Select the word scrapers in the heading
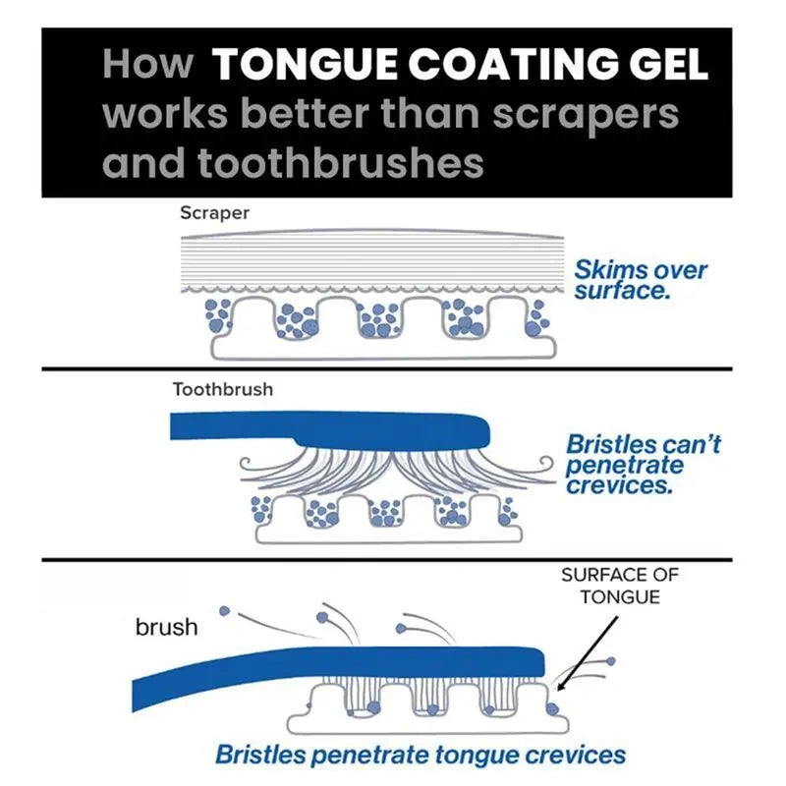pyautogui.click(x=585, y=113)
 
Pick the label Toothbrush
pyautogui.click(x=223, y=389)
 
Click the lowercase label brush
pyautogui.click(x=166, y=627)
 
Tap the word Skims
pyautogui.click(x=611, y=269)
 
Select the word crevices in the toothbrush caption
pyautogui.click(x=619, y=484)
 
